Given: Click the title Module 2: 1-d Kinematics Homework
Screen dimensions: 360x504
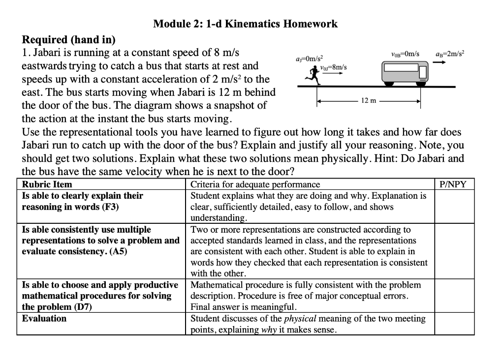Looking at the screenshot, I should pos(245,24).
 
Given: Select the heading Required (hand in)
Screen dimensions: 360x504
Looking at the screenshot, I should pos(69,39).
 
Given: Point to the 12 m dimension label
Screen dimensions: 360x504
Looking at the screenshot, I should pos(369,101).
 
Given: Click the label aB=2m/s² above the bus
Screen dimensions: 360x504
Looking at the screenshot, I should pos(450,53).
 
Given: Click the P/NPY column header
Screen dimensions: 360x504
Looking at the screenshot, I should pos(454,184).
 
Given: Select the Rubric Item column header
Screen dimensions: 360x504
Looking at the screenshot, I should pos(47,184).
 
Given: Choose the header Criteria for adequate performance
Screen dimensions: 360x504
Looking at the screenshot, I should pos(255,184).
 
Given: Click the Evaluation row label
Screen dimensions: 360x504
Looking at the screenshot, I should pos(44,318).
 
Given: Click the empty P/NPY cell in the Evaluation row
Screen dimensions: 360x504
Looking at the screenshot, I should pos(454,323).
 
